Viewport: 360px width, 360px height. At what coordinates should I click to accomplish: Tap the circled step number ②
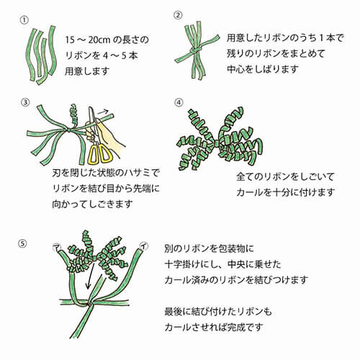pos(179,16)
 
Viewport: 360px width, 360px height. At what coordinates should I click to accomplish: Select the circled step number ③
pos(25,102)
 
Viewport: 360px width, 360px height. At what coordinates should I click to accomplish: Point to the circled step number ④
pos(179,102)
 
